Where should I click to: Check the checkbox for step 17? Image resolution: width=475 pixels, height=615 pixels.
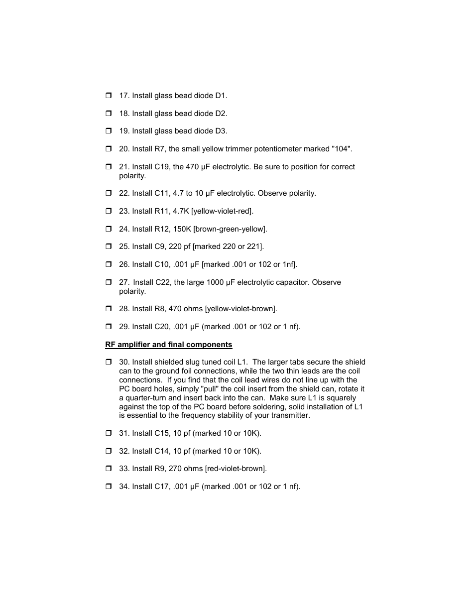point(109,96)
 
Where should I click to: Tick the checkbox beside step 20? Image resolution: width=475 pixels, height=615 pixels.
point(109,149)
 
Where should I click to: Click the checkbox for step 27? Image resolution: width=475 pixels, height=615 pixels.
point(109,282)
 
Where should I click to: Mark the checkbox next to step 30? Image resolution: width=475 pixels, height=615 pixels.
point(109,362)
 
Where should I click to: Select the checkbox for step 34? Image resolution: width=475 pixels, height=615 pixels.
point(109,487)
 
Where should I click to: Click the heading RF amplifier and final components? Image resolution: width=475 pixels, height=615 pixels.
point(168,345)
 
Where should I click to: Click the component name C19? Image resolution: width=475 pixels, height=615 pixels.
point(162,167)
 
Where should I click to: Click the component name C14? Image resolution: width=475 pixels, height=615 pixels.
point(162,451)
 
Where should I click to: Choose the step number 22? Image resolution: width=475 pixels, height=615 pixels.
point(124,193)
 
